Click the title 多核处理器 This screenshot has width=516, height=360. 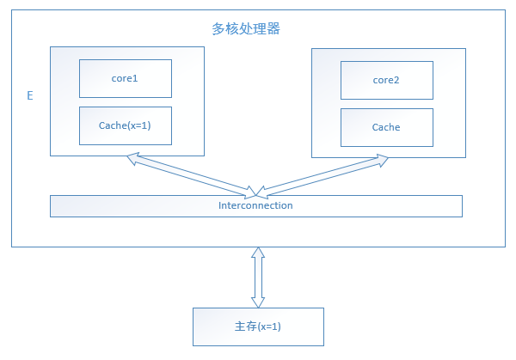point(246,28)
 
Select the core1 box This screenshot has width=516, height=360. point(126,78)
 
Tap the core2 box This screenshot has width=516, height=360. point(386,80)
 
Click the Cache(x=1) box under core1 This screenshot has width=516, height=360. point(126,125)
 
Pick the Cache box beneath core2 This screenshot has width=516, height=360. point(386,127)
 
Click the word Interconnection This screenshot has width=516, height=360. point(255,205)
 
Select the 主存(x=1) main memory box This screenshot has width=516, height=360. point(258,327)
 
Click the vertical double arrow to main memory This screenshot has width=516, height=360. point(257,278)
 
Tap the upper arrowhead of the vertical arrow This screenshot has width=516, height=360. point(257,253)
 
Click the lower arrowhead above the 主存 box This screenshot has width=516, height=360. point(257,302)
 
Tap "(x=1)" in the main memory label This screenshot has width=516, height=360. point(269,327)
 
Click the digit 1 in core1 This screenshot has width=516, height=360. point(136,78)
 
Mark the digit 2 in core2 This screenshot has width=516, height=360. point(397,80)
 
